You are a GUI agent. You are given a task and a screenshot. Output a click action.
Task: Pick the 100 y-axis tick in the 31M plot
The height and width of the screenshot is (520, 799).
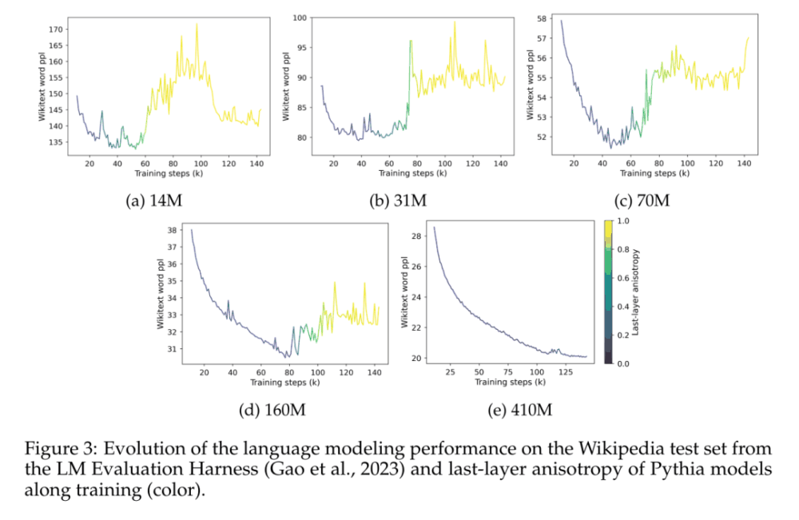point(300,17)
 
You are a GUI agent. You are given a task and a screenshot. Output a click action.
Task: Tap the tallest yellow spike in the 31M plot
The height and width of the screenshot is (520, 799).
point(455,22)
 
